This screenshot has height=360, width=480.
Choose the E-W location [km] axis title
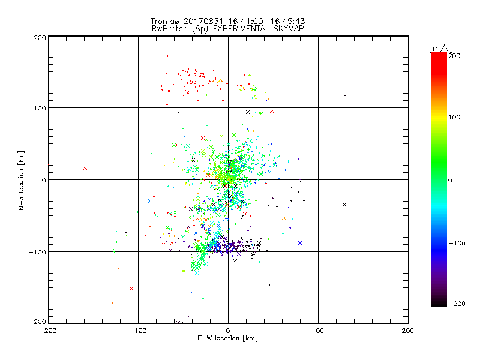(228, 338)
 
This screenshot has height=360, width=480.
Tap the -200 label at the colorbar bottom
(457, 304)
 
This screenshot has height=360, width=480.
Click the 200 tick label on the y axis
(40, 37)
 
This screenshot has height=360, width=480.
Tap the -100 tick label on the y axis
(38, 252)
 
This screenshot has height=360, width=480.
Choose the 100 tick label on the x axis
(318, 331)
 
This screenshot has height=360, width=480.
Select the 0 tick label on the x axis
(228, 331)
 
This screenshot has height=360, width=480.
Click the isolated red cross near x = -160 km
(85, 169)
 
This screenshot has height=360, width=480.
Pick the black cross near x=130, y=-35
(344, 205)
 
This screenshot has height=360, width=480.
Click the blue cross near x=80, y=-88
(299, 243)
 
